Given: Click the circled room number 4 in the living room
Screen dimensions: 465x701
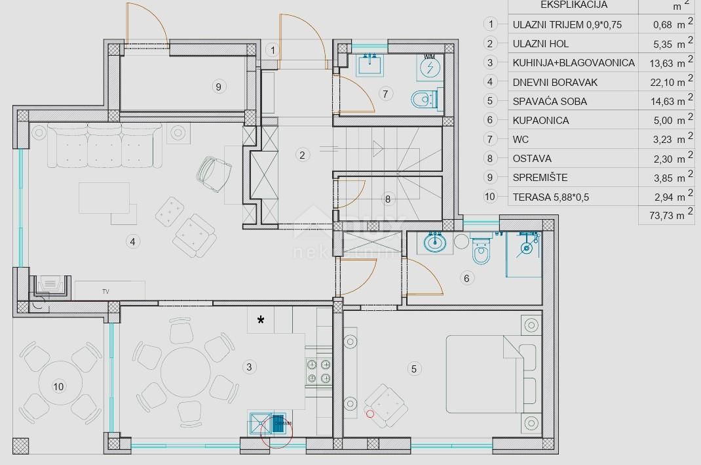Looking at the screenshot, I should pyautogui.click(x=132, y=241).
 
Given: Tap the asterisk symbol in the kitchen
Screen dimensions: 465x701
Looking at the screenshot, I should pyautogui.click(x=261, y=320).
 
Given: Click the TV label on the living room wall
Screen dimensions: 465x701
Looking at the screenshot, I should pyautogui.click(x=105, y=291).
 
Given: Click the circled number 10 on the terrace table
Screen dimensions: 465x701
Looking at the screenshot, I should pyautogui.click(x=59, y=386).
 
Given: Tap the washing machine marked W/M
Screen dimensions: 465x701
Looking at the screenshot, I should pyautogui.click(x=430, y=66).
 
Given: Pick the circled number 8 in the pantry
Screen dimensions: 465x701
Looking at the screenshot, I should pyautogui.click(x=387, y=199).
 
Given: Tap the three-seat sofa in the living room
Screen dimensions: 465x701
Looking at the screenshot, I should pyautogui.click(x=105, y=146).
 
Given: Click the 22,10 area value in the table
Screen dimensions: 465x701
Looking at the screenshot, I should pyautogui.click(x=668, y=83).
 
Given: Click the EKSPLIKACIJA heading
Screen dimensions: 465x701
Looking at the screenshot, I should pyautogui.click(x=574, y=5).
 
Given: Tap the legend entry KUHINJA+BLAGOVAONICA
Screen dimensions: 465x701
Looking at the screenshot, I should pyautogui.click(x=574, y=63).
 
